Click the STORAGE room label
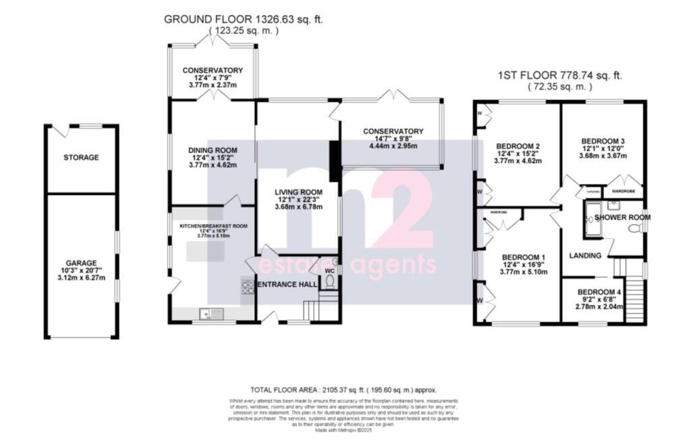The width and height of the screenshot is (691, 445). tap(81, 157)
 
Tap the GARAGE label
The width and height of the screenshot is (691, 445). tap(81, 263)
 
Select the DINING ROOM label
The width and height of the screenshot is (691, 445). tap(213, 151)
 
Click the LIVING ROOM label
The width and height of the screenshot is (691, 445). tap(298, 192)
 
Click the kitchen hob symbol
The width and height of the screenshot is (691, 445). tap(247, 287)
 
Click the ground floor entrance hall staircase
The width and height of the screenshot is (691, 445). tap(312, 310)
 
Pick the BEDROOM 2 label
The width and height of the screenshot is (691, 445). tap(518, 146)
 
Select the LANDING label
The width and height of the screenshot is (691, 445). tap(586, 255)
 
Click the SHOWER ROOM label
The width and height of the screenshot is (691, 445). tap(621, 217)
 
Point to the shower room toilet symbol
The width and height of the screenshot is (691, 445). tap(634, 230)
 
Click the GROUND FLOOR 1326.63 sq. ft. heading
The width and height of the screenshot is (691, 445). tap(244, 20)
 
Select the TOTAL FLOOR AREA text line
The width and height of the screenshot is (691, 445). tap(343, 390)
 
